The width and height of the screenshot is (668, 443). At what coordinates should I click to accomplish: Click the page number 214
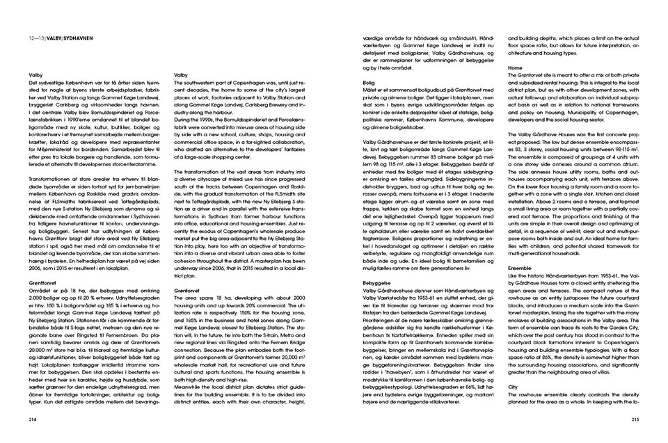pyautogui.click(x=32, y=419)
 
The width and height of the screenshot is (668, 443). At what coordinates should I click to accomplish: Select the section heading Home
pyautogui.click(x=515, y=68)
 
